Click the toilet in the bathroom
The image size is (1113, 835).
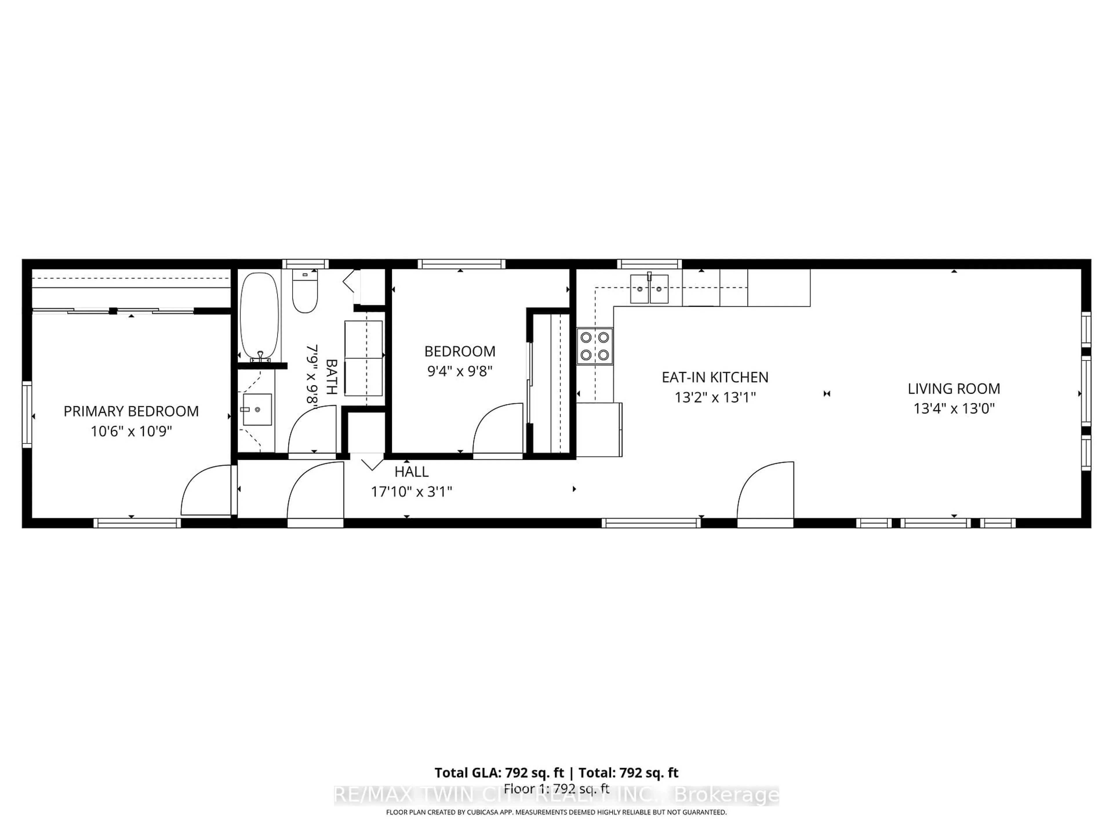tap(305, 292)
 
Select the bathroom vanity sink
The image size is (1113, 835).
tap(257, 409)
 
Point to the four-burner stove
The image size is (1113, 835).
tap(595, 346)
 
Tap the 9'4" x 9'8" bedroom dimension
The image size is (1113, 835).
tap(459, 371)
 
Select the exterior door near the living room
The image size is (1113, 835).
tap(765, 491)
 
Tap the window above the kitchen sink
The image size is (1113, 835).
tap(649, 264)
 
